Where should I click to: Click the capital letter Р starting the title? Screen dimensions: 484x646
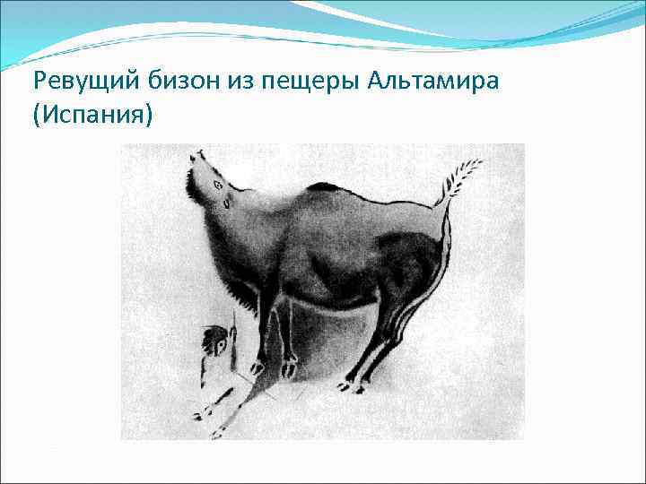coord(38,83)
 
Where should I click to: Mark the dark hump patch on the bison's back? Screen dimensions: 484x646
coord(325,187)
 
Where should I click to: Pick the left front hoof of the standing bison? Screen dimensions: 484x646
coord(258,367)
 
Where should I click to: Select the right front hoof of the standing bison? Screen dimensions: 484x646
coord(289,367)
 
